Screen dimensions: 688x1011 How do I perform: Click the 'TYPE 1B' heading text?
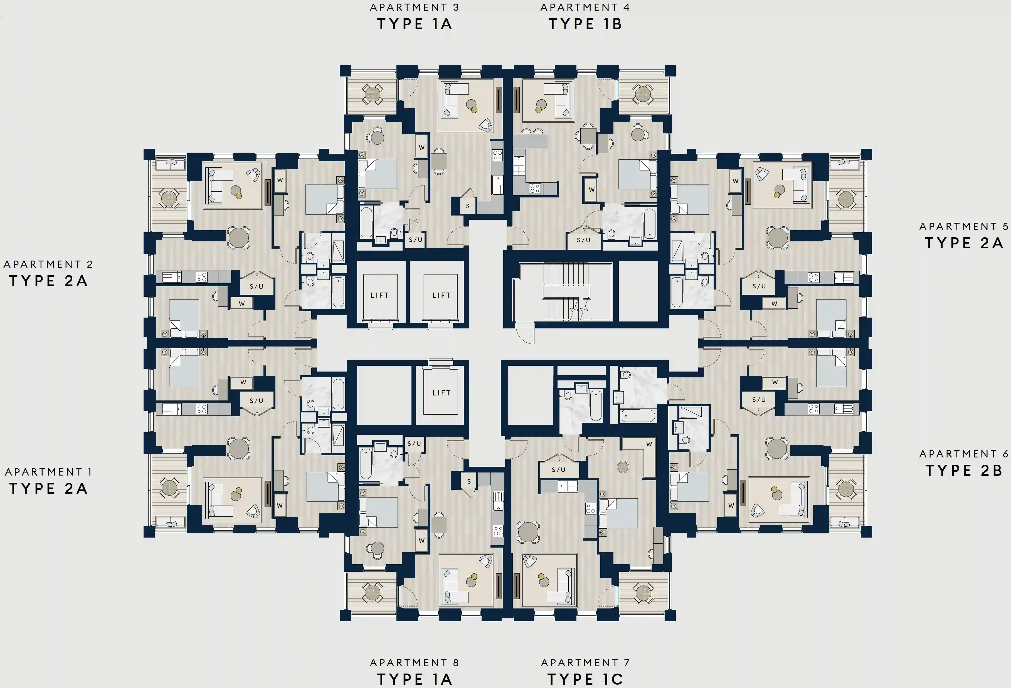585,24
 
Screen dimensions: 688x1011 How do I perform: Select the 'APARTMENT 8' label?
414,662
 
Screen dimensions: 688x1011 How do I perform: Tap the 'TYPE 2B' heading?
964,471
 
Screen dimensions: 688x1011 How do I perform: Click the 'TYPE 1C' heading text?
585,679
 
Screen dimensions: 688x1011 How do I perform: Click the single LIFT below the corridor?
441,393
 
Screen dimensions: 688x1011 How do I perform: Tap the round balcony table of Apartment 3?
373,94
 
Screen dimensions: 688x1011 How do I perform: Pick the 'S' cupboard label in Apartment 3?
468,206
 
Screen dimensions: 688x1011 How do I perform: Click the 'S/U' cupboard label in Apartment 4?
583,240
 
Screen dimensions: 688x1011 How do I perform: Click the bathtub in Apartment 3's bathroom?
366,222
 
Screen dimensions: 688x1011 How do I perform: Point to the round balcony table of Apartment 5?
846,199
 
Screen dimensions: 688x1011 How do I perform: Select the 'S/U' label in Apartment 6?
759,399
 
